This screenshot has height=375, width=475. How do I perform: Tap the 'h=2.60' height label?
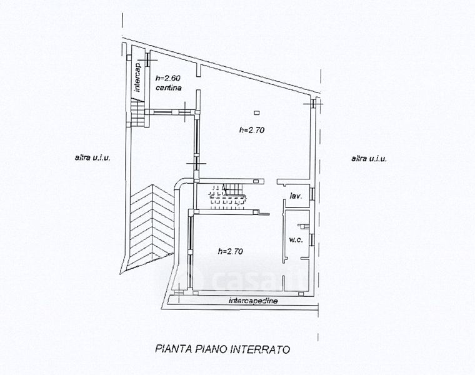(167, 79)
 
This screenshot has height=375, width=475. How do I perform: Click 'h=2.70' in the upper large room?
(252, 131)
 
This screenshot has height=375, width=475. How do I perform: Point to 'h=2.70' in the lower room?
(230, 251)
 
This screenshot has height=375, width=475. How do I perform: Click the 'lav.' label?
(296, 196)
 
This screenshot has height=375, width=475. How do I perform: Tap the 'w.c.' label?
(295, 240)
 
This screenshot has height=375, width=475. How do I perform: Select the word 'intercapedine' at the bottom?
(253, 301)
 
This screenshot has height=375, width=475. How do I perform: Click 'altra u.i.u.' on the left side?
(92, 159)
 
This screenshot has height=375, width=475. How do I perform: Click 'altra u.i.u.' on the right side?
(369, 159)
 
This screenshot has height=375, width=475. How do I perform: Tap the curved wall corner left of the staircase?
(181, 182)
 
